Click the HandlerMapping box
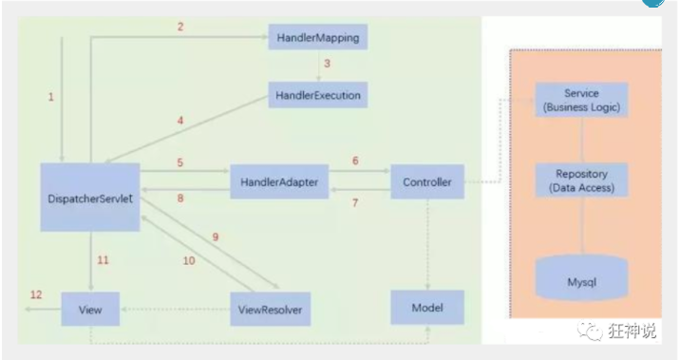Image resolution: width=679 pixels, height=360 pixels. [x=318, y=37]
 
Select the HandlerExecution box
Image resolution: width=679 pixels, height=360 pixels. [x=318, y=95]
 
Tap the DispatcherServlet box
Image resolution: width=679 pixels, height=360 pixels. [x=90, y=198]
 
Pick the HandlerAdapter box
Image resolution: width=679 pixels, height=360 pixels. [x=279, y=181]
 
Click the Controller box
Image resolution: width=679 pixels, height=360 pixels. [x=427, y=181]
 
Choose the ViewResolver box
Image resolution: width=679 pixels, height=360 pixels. [x=271, y=309]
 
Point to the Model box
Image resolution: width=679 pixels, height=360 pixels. [x=427, y=308]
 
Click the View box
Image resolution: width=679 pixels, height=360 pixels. [x=90, y=309]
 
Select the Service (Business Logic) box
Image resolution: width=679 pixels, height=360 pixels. [x=581, y=100]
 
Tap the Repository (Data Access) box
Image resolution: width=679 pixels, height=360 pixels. [x=581, y=180]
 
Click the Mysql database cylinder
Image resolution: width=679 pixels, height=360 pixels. [x=581, y=277]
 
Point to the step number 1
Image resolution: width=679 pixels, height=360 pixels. [x=51, y=97]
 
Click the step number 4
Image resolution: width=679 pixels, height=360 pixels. [x=180, y=121]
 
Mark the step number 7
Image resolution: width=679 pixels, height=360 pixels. [x=355, y=202]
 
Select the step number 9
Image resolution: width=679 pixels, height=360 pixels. [x=216, y=237]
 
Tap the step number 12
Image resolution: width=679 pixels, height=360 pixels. [x=36, y=295]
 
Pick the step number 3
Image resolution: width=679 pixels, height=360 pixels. [x=327, y=64]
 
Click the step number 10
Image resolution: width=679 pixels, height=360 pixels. [x=189, y=261]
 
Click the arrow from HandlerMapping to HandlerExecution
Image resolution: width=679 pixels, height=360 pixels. [x=318, y=66]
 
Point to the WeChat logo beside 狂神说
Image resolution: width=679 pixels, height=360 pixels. [x=590, y=331]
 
